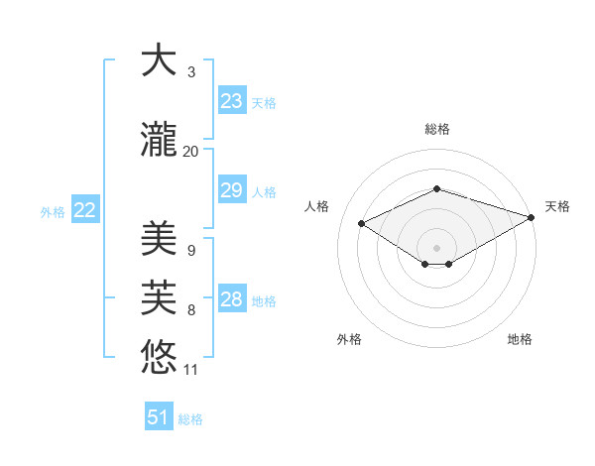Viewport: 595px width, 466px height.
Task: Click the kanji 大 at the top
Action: coord(159,61)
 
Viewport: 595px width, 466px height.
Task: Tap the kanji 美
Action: coord(159,238)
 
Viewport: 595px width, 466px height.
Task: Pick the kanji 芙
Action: coord(159,296)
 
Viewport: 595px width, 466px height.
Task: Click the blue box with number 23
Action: coord(232,101)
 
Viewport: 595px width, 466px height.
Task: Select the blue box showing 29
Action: coord(232,190)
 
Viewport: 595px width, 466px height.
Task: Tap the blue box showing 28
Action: coord(232,299)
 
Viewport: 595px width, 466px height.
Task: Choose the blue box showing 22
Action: coord(85,210)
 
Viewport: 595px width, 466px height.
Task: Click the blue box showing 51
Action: coord(159,417)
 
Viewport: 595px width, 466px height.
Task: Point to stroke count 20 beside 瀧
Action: coord(191,151)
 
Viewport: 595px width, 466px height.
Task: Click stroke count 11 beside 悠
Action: coord(191,370)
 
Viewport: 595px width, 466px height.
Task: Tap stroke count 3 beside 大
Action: coord(191,72)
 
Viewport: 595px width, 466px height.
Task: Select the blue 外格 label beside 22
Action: coord(53,211)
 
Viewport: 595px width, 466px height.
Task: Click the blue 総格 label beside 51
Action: coord(190,418)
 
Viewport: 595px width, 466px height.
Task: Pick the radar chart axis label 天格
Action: coord(557,206)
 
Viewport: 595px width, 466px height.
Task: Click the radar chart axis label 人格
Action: coord(316,206)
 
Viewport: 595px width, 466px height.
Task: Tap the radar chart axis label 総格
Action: coord(436,129)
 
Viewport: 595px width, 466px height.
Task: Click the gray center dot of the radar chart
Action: coord(436,246)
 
